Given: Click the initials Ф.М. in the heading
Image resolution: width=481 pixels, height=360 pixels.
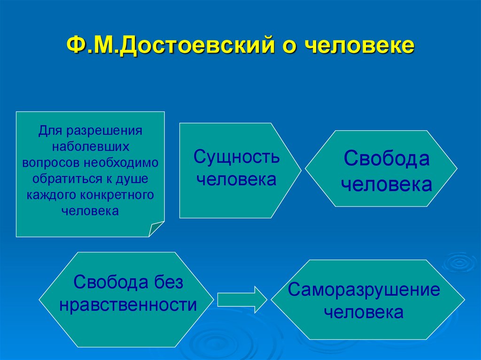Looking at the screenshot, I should point(93,46).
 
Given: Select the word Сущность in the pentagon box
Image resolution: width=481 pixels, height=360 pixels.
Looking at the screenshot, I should point(236,157).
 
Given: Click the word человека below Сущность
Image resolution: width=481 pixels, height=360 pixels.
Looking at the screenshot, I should point(236,179).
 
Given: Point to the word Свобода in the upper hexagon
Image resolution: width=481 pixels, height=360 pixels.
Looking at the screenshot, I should point(386,159).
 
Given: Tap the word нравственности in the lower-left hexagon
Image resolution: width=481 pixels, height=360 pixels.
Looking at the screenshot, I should point(128,306).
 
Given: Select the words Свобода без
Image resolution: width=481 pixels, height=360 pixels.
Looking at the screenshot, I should point(128,283).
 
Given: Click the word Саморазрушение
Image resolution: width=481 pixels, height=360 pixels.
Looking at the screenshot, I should point(364,290).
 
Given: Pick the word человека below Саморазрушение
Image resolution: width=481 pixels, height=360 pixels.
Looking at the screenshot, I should point(364,312).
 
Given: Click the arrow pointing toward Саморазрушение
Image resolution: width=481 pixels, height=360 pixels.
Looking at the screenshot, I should point(242,299).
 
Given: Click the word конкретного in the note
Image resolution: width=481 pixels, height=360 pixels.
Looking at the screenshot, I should point(124,194).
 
